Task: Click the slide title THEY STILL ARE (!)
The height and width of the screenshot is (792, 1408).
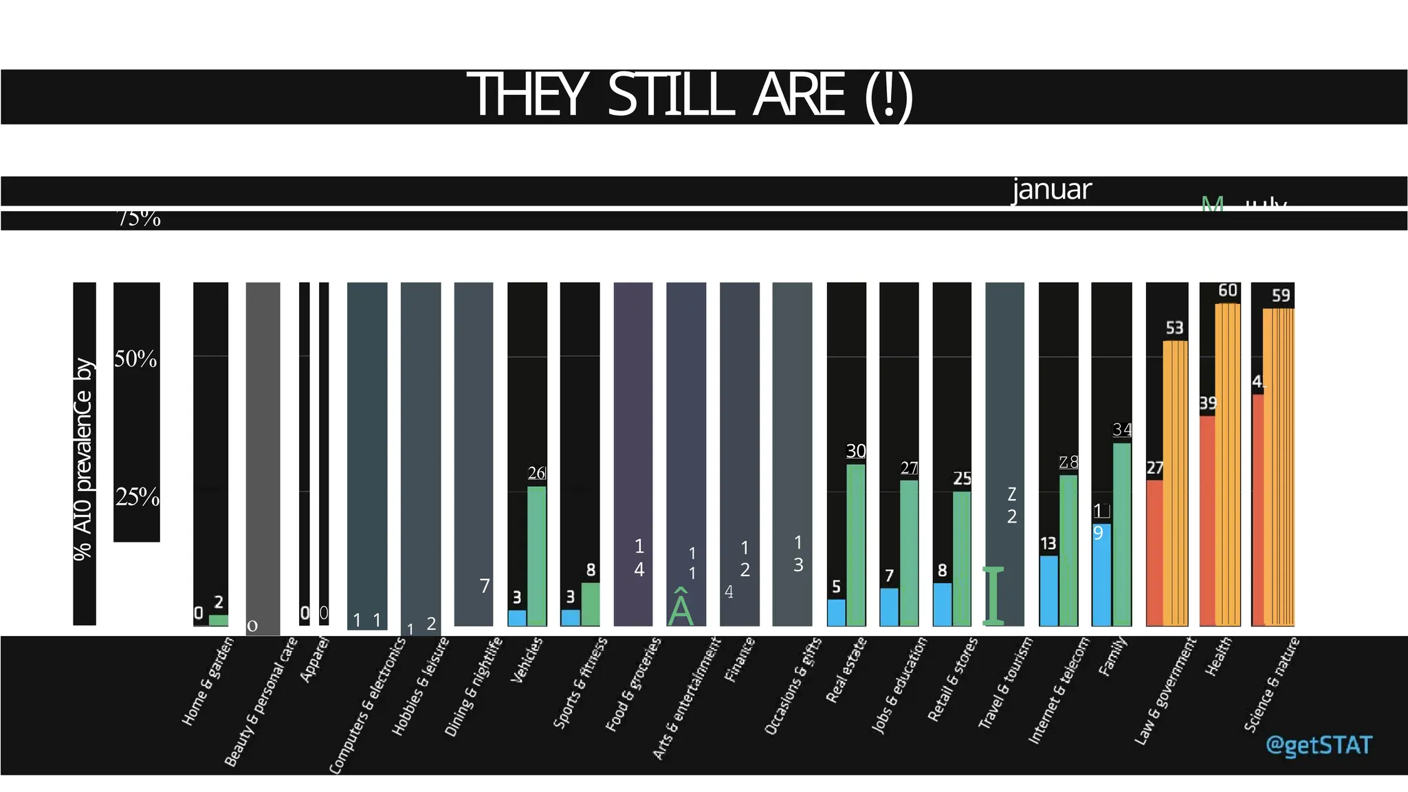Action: point(690,96)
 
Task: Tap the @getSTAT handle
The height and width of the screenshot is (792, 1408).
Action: point(1318,745)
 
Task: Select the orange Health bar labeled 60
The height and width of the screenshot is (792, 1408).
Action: point(1228,464)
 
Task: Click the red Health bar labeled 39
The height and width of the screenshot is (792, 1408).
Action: point(1207,520)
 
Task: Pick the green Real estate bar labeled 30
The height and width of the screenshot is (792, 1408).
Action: point(856,544)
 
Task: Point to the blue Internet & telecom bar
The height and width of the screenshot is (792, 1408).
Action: point(1048,591)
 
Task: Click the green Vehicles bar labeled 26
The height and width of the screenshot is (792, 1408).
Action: point(537,555)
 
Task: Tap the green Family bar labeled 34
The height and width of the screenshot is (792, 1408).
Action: point(1122,534)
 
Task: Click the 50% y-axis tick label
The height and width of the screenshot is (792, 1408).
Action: point(135,359)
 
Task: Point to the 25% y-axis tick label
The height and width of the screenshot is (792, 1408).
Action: point(137,496)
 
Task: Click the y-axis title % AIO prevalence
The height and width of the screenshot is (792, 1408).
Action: point(83,459)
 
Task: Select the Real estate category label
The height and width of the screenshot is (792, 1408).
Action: point(846,670)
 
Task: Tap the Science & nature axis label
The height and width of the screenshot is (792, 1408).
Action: point(1271,685)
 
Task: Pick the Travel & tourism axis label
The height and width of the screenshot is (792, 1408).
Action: point(1005,683)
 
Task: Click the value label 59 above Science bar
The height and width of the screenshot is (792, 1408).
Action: point(1280,296)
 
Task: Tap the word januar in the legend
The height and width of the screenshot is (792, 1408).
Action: point(1051,190)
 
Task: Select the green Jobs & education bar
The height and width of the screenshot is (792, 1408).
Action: point(909,553)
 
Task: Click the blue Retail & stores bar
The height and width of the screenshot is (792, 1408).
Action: point(942,604)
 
